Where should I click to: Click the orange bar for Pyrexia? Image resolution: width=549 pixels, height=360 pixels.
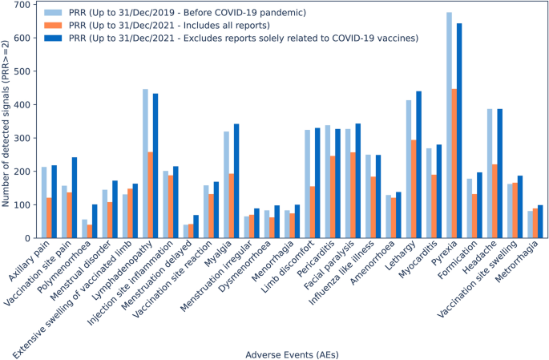(454, 164)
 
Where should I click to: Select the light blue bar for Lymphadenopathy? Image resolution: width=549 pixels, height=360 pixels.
(145, 164)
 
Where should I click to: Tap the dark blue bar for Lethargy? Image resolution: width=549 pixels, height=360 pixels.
(418, 164)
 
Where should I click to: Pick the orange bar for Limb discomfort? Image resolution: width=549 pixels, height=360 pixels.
(313, 212)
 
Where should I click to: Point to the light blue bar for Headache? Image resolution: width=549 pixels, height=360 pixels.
(490, 173)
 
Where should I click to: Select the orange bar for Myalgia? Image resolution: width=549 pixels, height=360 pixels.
(232, 206)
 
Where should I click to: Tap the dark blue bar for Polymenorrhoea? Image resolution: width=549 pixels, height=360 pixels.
(95, 221)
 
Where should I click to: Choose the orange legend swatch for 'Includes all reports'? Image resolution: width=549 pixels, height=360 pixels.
(53, 25)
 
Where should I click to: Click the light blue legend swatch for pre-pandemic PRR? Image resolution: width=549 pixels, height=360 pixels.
(53, 13)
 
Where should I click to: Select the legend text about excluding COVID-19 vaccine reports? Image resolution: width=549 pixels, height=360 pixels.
(244, 38)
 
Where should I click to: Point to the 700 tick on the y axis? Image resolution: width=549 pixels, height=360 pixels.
(34, 5)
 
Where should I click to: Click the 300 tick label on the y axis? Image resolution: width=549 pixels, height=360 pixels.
(22, 138)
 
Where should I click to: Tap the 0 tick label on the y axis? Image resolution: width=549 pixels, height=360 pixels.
(28, 238)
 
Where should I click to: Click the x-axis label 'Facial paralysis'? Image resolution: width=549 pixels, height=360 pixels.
(330, 265)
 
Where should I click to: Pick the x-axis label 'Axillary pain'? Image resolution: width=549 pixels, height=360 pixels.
(30, 260)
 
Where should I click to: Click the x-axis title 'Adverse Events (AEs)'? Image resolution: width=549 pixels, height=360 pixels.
(292, 354)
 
